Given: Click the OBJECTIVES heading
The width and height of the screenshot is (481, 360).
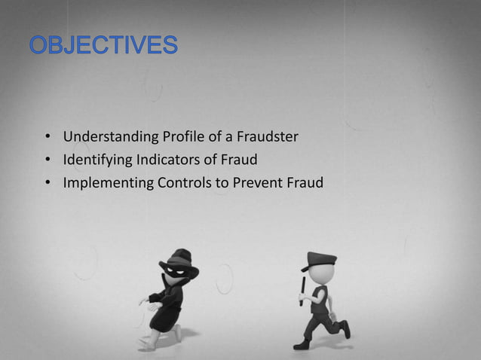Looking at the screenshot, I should tap(104, 46).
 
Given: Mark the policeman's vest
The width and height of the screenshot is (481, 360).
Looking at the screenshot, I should tap(319, 297).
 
